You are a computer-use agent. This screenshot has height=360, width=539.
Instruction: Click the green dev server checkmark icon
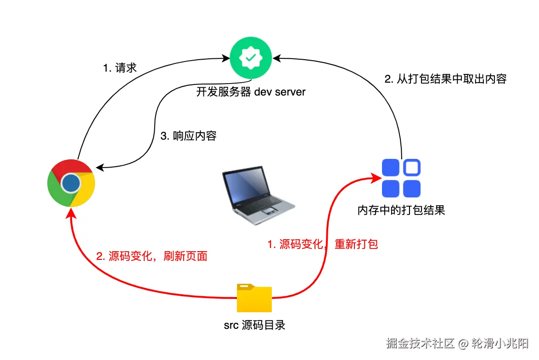(x=250, y=58)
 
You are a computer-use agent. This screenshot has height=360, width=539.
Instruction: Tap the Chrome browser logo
(x=71, y=183)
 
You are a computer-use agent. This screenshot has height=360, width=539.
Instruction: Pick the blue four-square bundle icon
(x=401, y=178)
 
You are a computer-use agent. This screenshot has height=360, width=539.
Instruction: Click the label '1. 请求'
(x=120, y=68)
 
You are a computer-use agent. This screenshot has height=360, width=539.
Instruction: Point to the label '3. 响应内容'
(x=188, y=136)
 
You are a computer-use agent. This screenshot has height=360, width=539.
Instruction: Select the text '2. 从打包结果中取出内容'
(x=445, y=79)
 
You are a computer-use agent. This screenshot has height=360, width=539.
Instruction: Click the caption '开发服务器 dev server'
(x=251, y=92)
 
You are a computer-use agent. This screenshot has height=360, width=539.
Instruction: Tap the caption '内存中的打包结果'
(x=401, y=211)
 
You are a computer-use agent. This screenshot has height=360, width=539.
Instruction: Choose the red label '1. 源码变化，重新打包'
(x=322, y=244)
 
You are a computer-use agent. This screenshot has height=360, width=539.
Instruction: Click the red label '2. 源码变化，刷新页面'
(x=152, y=256)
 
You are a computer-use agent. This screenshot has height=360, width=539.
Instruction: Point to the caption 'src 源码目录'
(x=254, y=326)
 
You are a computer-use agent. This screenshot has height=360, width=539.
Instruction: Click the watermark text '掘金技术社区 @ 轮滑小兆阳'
(x=457, y=343)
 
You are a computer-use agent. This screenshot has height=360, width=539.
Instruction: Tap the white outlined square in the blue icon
(x=412, y=168)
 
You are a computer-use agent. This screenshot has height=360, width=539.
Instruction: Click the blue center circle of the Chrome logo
(x=71, y=183)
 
